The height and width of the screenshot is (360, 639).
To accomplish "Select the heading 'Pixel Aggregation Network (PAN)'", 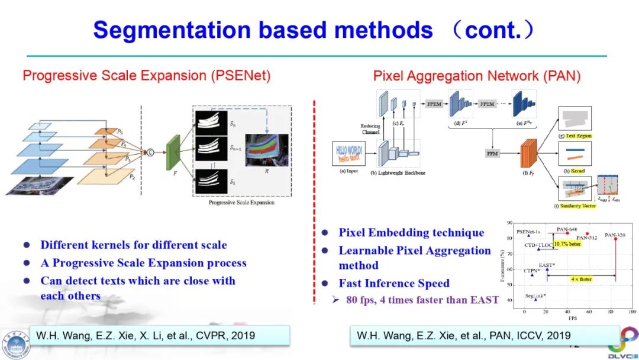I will tap(476, 76).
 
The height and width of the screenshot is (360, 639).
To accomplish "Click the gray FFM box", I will tap(492, 153).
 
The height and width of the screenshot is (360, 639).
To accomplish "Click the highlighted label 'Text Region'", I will tap(578, 136).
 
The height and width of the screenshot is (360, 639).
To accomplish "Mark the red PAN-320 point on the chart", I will tap(615, 237).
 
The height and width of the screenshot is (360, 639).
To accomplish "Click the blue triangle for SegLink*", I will tap(535, 299).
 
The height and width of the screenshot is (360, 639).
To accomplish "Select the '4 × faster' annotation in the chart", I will tap(582, 278).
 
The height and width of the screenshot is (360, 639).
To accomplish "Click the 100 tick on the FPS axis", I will tap(632, 311).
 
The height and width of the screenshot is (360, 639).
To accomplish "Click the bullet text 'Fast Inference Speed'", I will tap(394, 283).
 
